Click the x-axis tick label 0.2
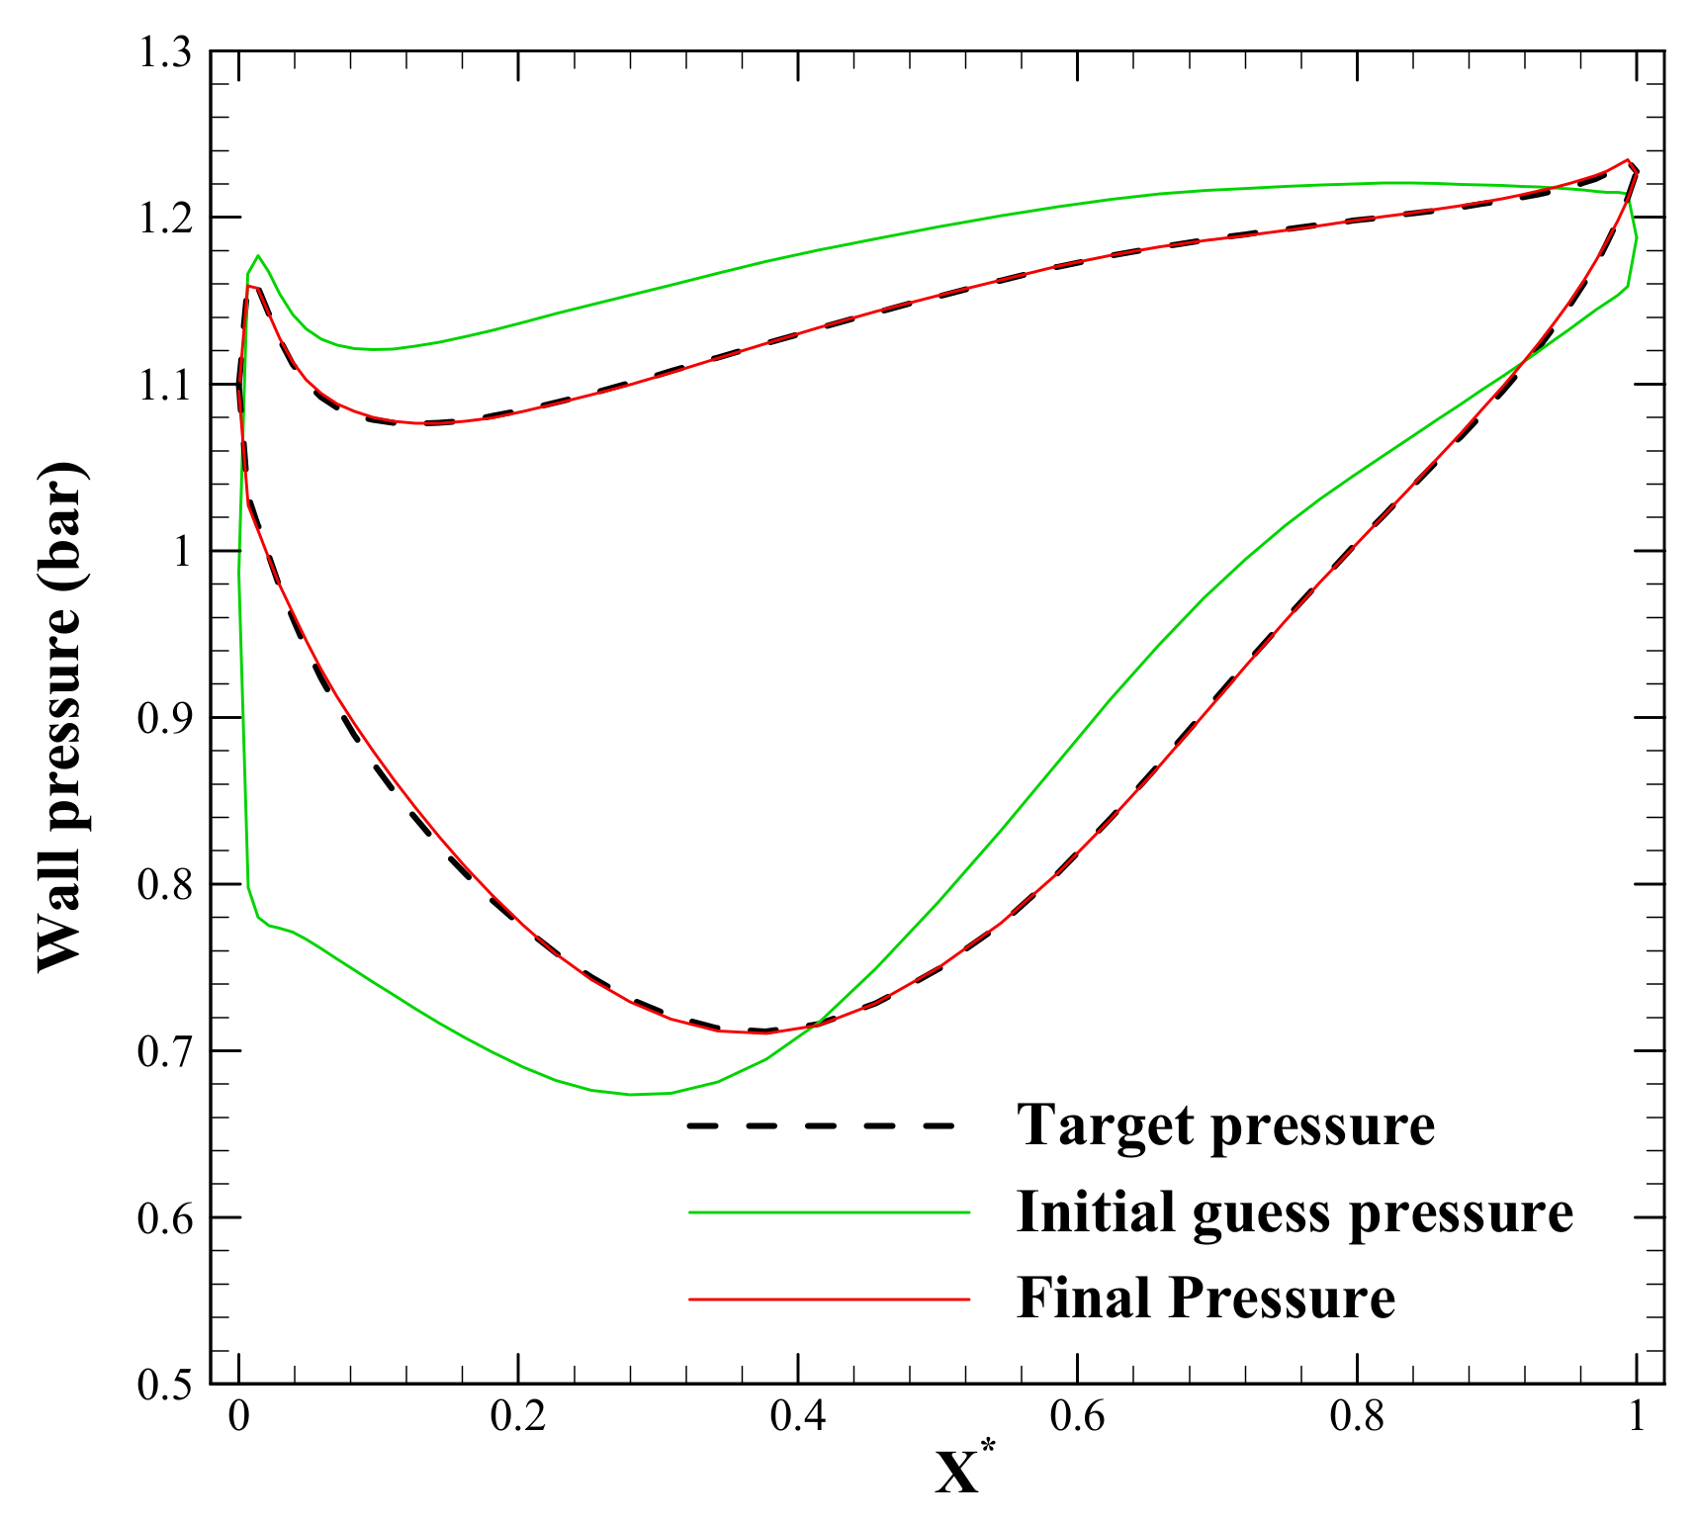(x=518, y=1417)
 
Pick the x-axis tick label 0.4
(x=798, y=1417)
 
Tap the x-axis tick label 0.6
(x=1078, y=1417)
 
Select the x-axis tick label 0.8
(x=1358, y=1417)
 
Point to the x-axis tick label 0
(x=238, y=1417)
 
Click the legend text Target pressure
(x=1225, y=1124)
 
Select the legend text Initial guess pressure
(x=1295, y=1211)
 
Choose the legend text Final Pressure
(x=1206, y=1298)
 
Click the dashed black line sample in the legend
(x=821, y=1125)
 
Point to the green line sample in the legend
(x=829, y=1211)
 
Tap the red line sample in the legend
(x=829, y=1298)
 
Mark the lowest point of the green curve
(x=632, y=1094)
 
